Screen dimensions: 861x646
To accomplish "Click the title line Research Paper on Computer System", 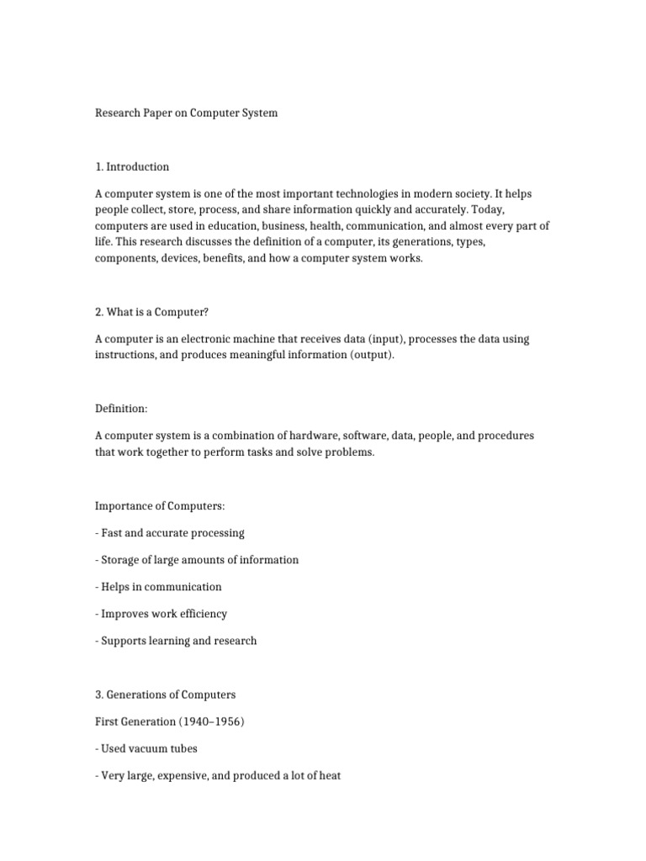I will coord(186,112).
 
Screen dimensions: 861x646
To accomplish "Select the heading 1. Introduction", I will coord(132,166).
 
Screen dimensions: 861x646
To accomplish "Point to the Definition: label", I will coord(121,408).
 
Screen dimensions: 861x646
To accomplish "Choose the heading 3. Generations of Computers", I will coord(165,695).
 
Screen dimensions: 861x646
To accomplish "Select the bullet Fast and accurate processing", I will coord(170,533).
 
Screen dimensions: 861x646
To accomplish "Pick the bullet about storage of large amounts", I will coord(197,560).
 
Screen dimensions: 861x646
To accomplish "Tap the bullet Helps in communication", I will coord(158,587).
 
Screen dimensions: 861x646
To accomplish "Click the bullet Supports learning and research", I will coord(176,641).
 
